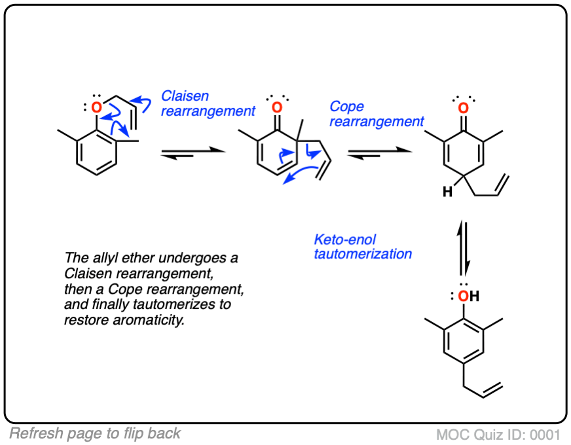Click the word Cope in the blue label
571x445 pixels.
click(347, 106)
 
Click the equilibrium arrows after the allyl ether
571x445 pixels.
click(193, 152)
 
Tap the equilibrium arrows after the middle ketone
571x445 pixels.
click(380, 152)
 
